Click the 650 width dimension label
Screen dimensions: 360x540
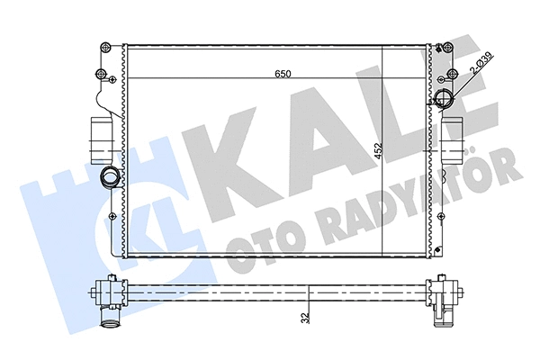[282, 74]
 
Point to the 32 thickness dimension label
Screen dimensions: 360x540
[308, 317]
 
